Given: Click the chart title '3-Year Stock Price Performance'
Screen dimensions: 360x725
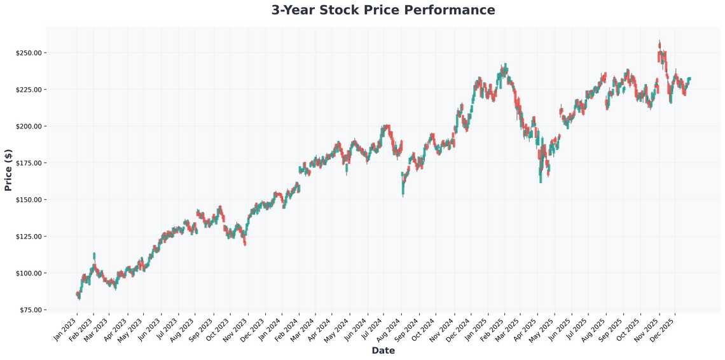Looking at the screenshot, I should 383,10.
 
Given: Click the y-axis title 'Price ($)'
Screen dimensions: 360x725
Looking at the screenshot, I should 8,170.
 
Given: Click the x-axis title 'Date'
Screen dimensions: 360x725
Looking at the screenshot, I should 383,350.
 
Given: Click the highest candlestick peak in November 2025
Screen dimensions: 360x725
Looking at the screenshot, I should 659,44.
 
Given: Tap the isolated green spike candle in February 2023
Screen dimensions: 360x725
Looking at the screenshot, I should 94,255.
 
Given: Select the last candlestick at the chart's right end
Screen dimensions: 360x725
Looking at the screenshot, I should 689,78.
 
